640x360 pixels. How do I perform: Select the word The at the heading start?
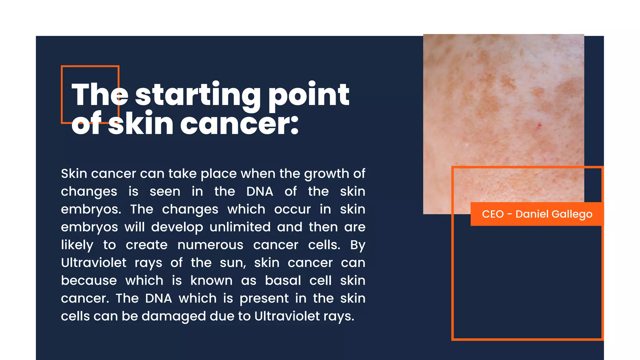coord(100,95)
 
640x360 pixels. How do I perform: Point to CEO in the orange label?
coord(493,214)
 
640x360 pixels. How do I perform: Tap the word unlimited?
coord(240,227)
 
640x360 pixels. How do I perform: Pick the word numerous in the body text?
coord(210,245)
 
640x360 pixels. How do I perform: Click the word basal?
coord(283,281)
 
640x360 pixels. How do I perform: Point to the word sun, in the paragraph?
coord(233,263)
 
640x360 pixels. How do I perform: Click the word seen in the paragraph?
coord(165,192)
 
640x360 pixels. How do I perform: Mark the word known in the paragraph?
coord(212,281)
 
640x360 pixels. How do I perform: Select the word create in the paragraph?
coord(147,245)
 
